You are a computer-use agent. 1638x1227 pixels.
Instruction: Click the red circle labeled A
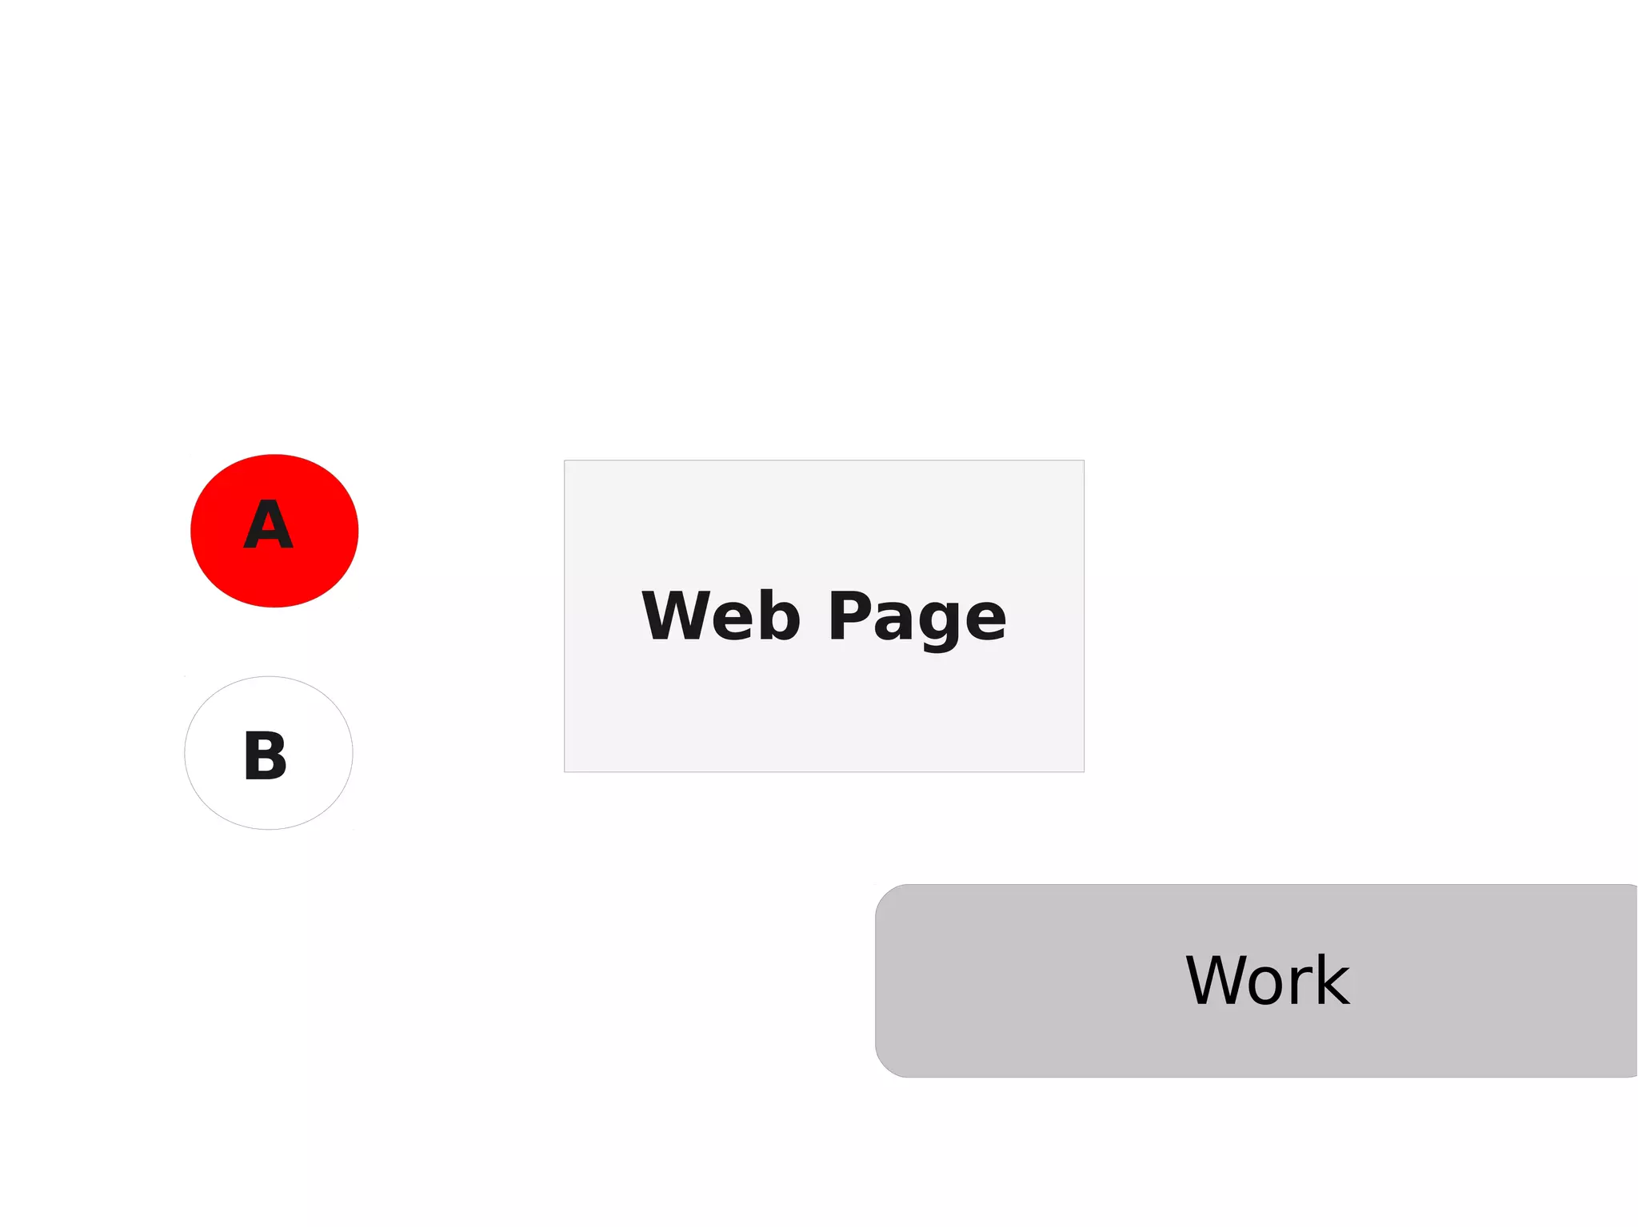click(274, 531)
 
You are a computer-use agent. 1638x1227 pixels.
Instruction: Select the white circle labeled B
click(269, 753)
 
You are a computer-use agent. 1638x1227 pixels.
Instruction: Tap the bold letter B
click(266, 755)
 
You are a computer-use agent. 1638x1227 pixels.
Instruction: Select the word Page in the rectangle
click(917, 618)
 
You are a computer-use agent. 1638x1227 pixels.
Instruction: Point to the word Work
click(1267, 981)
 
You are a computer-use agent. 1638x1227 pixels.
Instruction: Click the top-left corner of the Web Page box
click(565, 461)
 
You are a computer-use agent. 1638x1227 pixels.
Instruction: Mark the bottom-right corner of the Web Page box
click(1084, 771)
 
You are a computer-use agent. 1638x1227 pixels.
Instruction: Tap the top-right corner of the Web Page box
click(1084, 461)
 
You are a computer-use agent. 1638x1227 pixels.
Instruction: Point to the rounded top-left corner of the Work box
click(885, 894)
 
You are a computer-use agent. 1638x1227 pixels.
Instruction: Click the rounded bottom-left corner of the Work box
click(885, 1068)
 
